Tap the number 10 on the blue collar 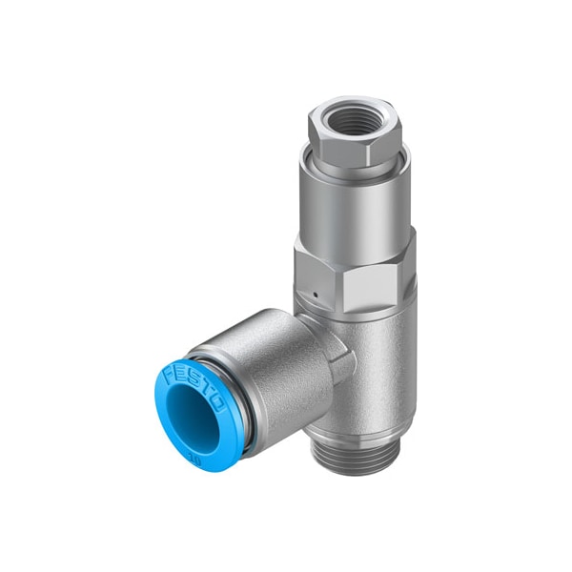[221, 444]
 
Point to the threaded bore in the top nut [354, 123]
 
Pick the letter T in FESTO [206, 389]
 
